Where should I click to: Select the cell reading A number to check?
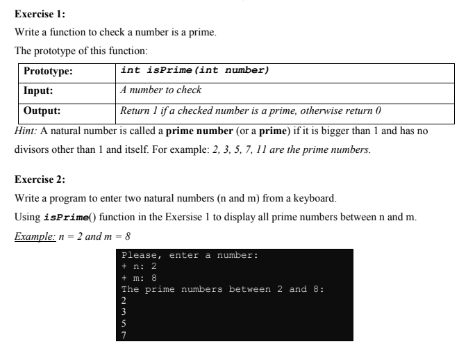pos(160,90)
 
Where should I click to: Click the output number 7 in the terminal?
pos(124,334)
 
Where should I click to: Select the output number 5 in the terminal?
pos(124,323)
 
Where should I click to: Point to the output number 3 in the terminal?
pos(124,312)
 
